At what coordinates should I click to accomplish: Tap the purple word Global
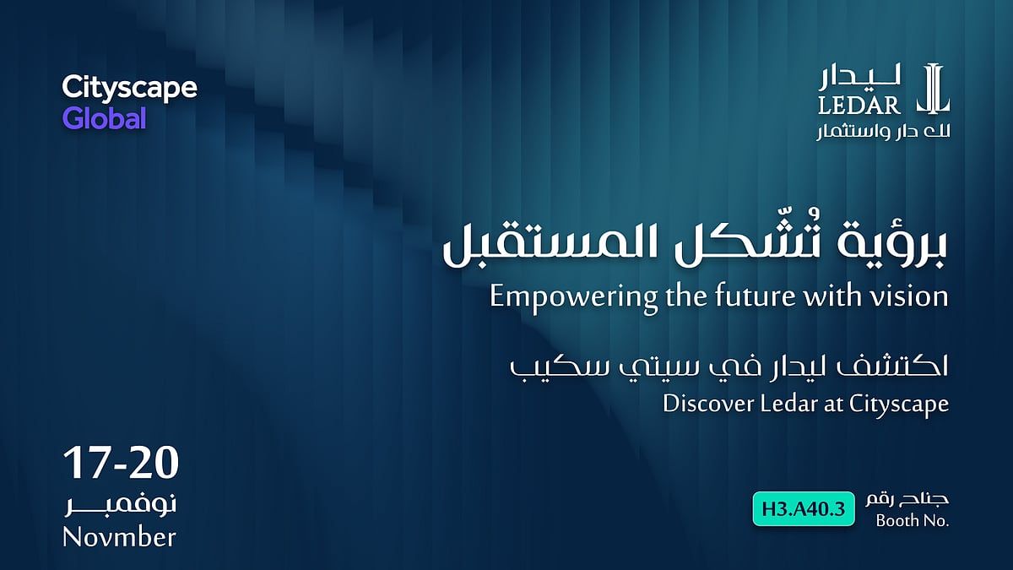[x=105, y=118]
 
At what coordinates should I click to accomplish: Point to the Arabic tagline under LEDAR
[x=883, y=132]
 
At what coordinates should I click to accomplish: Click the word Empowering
[x=574, y=298]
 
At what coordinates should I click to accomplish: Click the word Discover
[x=708, y=404]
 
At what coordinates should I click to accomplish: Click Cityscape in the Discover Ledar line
[x=898, y=404]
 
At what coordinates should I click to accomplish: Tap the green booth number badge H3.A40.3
[x=804, y=509]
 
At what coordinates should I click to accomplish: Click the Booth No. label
[x=913, y=521]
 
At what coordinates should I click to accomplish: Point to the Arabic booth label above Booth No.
[x=907, y=500]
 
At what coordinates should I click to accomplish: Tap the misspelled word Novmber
[x=119, y=537]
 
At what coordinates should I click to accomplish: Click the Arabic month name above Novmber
[x=121, y=505]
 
